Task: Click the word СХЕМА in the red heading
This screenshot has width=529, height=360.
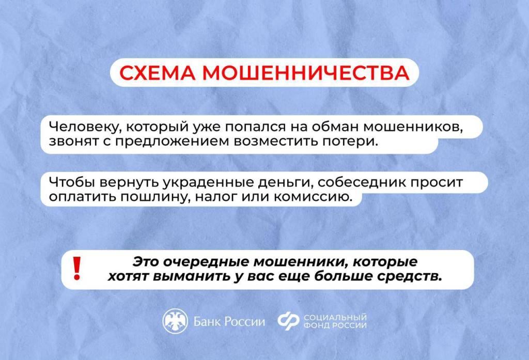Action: [157, 73]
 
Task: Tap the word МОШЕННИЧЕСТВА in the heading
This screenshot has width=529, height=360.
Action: [306, 73]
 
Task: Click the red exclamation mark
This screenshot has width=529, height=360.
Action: [77, 269]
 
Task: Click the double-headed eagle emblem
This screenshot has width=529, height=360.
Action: [175, 321]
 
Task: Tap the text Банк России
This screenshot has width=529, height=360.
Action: [229, 322]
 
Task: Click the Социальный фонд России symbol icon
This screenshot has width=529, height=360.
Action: [288, 321]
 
